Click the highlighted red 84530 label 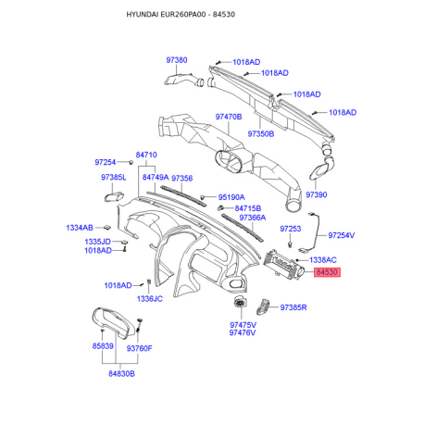coord(327,272)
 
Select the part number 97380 coord(177,60)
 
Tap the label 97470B coord(229,117)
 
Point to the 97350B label coord(261,134)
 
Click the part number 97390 coord(317,194)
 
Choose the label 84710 coord(146,155)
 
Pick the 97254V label coord(342,235)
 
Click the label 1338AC coord(323,260)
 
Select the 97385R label coord(293,307)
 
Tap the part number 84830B coord(121,374)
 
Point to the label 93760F coord(140,348)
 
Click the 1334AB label coord(80,228)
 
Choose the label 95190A coord(231,197)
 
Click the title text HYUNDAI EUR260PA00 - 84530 coord(181,15)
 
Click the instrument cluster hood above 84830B coord(114,322)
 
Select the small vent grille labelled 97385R coord(262,306)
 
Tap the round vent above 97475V coord(239,302)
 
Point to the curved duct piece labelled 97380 coord(184,80)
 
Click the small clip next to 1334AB coord(107,228)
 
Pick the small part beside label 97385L coord(114,196)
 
